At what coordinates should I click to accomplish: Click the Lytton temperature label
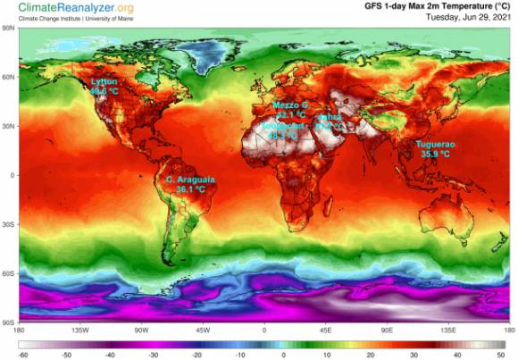pyautogui.click(x=104, y=82)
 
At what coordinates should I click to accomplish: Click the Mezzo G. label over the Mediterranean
pyautogui.click(x=290, y=105)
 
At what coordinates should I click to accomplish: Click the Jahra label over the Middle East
pyautogui.click(x=330, y=117)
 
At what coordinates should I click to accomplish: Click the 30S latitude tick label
pyautogui.click(x=9, y=224)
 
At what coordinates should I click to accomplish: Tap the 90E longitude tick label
pyautogui.click(x=388, y=329)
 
